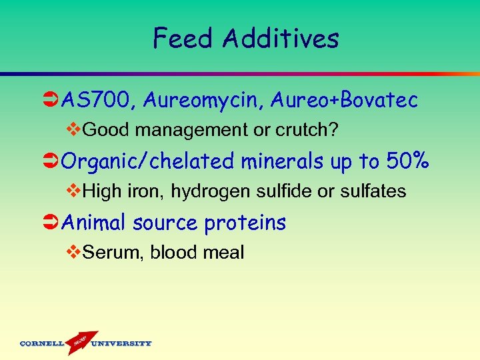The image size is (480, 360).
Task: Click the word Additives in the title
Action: pos(281,39)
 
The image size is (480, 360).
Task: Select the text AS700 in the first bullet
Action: pos(99,101)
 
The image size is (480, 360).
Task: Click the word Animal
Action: pos(94,223)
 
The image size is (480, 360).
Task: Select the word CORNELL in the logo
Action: pos(41,344)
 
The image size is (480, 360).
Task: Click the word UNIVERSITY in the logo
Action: pos(122,344)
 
